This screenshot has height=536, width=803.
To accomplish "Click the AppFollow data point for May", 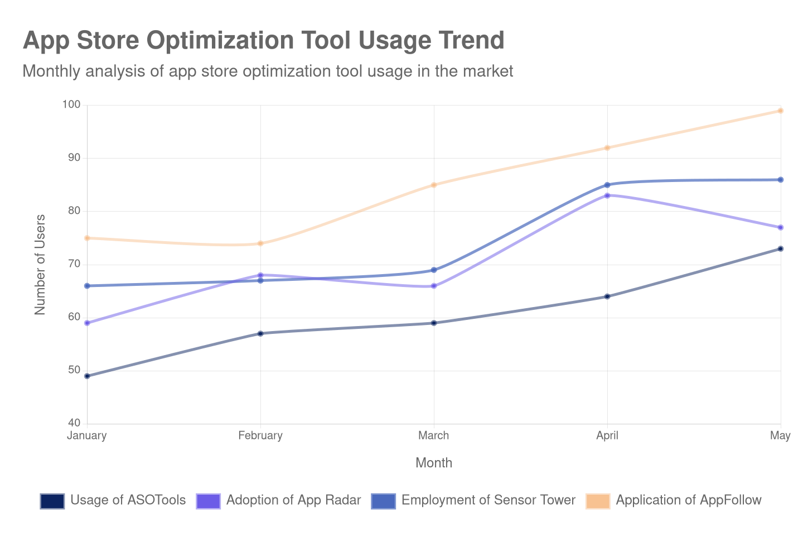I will click(x=781, y=111).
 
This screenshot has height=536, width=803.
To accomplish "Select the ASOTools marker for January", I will click(x=87, y=376).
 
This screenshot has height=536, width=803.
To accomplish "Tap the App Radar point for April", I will click(x=607, y=195).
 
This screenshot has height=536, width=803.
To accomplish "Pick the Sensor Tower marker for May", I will click(x=781, y=180).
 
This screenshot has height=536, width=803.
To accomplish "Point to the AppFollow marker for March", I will click(x=434, y=185).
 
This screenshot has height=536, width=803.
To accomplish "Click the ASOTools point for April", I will click(x=607, y=296).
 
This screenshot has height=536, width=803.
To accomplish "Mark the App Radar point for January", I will click(x=87, y=323).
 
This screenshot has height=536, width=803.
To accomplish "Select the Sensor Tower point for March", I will click(x=434, y=270).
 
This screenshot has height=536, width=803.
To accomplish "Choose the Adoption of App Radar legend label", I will click(x=293, y=500).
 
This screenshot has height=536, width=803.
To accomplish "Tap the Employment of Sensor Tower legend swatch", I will click(x=383, y=501).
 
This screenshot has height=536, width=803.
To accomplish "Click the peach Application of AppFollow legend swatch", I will click(x=598, y=501).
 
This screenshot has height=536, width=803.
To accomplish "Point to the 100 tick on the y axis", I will click(x=71, y=104).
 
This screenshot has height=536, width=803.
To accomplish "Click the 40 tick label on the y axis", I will click(x=74, y=423).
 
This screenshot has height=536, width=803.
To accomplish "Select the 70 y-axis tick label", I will click(x=74, y=264).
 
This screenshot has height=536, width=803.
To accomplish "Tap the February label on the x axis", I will click(x=260, y=435).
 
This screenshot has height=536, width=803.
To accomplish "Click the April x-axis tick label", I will click(x=607, y=435).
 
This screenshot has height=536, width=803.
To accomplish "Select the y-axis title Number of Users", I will click(x=40, y=265).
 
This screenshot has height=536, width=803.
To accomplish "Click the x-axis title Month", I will click(x=434, y=463).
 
